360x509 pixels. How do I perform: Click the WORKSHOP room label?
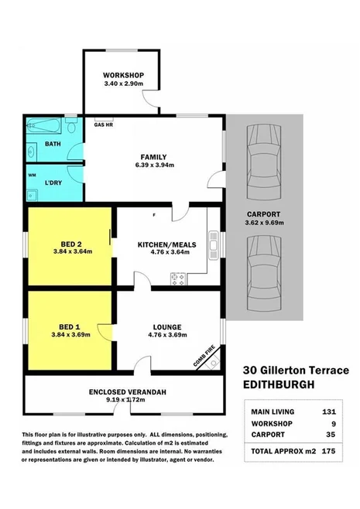click(122, 75)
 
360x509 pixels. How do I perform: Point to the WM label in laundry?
click(32, 175)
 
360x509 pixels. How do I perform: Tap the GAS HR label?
click(104, 124)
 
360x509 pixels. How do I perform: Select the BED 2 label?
click(71, 241)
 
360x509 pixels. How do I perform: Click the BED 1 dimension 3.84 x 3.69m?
click(71, 334)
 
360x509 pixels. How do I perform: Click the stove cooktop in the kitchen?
click(176, 276)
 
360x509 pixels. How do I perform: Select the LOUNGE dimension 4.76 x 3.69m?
click(161, 334)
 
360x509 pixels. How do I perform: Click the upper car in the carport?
click(256, 155)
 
